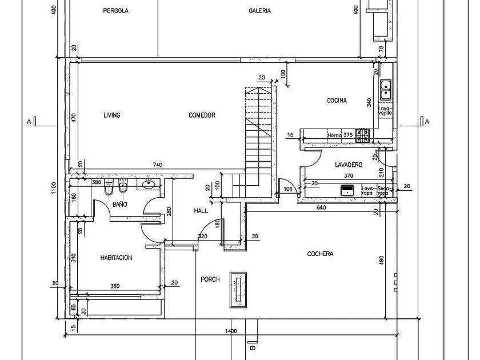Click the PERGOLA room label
115,11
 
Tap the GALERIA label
259,11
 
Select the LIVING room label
112,115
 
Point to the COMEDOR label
202,115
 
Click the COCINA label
337,101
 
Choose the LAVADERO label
349,165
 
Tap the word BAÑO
119,204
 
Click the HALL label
201,211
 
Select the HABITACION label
116,258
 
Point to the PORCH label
210,279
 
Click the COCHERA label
320,254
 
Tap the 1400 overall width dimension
230,331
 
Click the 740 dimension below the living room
158,165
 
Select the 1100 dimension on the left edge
53,189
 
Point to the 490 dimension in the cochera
382,261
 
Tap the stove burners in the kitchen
362,135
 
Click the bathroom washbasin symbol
149,184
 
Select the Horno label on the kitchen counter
334,135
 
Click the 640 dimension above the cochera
321,207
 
